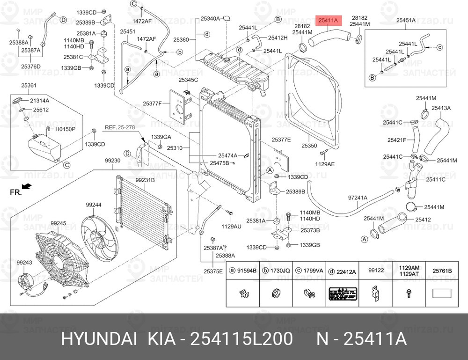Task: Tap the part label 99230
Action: pos(112,160)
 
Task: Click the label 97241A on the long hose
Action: pos(358,198)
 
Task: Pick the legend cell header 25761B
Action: pos(442,270)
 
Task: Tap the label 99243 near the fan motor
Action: pos(24,263)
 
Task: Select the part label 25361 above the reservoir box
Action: pos(29,86)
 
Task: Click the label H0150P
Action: pos(66,129)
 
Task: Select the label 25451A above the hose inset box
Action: pos(406,20)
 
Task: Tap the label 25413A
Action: pos(441,108)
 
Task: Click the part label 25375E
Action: pos(213,271)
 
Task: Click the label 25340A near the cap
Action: pos(210,19)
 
